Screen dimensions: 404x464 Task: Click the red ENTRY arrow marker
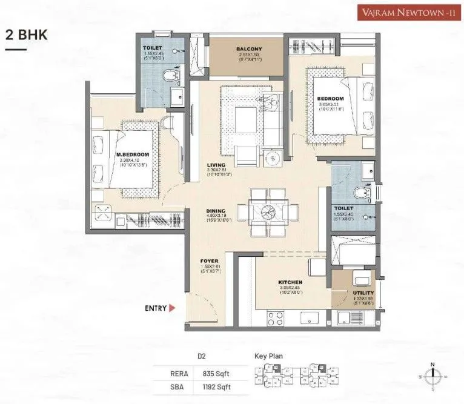172,308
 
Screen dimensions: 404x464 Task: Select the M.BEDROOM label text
132,154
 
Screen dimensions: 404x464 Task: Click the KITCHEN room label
290,282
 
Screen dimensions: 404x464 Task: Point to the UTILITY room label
363,293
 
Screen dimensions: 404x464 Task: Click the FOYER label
209,261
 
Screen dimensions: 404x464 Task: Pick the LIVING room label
216,165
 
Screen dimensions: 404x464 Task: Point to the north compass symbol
433,376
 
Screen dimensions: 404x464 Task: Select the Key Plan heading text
268,357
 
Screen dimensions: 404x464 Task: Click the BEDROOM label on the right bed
331,99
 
